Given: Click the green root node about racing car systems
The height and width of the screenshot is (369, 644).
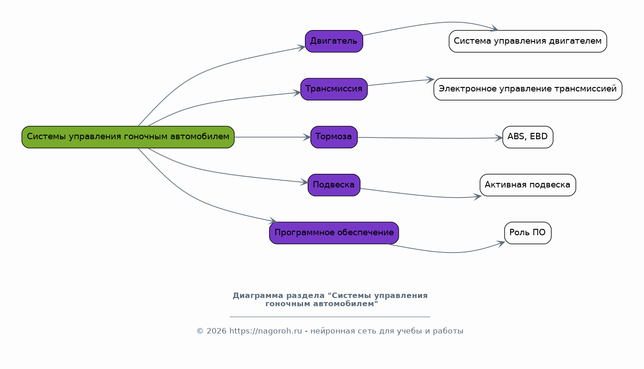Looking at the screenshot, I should coord(128,137).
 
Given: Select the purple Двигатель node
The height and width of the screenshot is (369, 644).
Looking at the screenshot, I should coord(334,41).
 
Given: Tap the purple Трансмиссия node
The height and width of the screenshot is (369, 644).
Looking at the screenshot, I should coord(334,89).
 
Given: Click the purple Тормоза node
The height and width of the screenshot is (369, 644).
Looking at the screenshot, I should coord(334,137).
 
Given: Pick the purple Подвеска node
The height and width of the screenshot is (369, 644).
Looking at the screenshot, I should coord(334,185).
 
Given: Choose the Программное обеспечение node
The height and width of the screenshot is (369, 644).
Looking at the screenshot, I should coord(334,233).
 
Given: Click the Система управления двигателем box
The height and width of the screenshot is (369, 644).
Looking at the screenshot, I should coord(527,41).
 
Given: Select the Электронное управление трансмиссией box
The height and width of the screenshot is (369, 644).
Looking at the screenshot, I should coord(527,89).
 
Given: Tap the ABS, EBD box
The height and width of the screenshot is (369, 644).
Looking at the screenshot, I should coord(527,137).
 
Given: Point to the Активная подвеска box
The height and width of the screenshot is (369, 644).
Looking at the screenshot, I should coord(527,185).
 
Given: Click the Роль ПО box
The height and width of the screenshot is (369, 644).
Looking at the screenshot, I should coord(527,233).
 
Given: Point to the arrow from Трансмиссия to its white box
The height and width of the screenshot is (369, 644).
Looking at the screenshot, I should coord(401,82).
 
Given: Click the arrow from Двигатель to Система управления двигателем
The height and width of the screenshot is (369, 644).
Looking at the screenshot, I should coord(432,23).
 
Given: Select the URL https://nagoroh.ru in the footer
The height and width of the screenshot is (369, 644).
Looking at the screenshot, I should coord(265,331).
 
